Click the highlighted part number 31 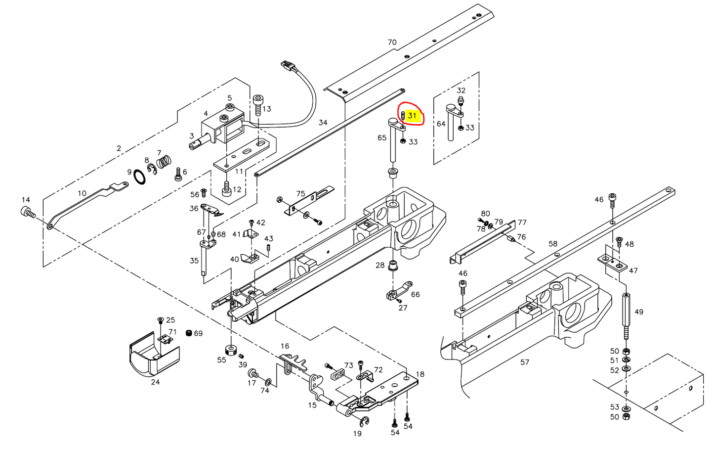412,116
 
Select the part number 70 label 392,43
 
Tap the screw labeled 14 28,213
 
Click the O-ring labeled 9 139,176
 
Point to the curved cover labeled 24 153,356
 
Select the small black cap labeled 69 188,333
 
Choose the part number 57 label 525,362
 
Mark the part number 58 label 552,244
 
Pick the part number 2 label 119,148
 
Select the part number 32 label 461,90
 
